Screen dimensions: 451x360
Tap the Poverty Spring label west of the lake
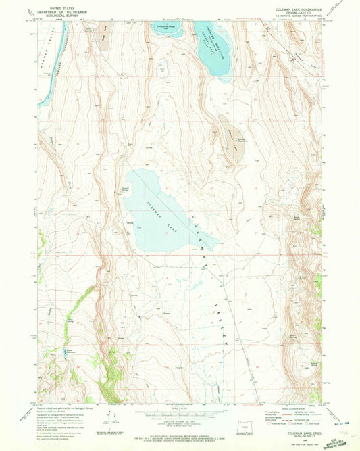126,190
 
